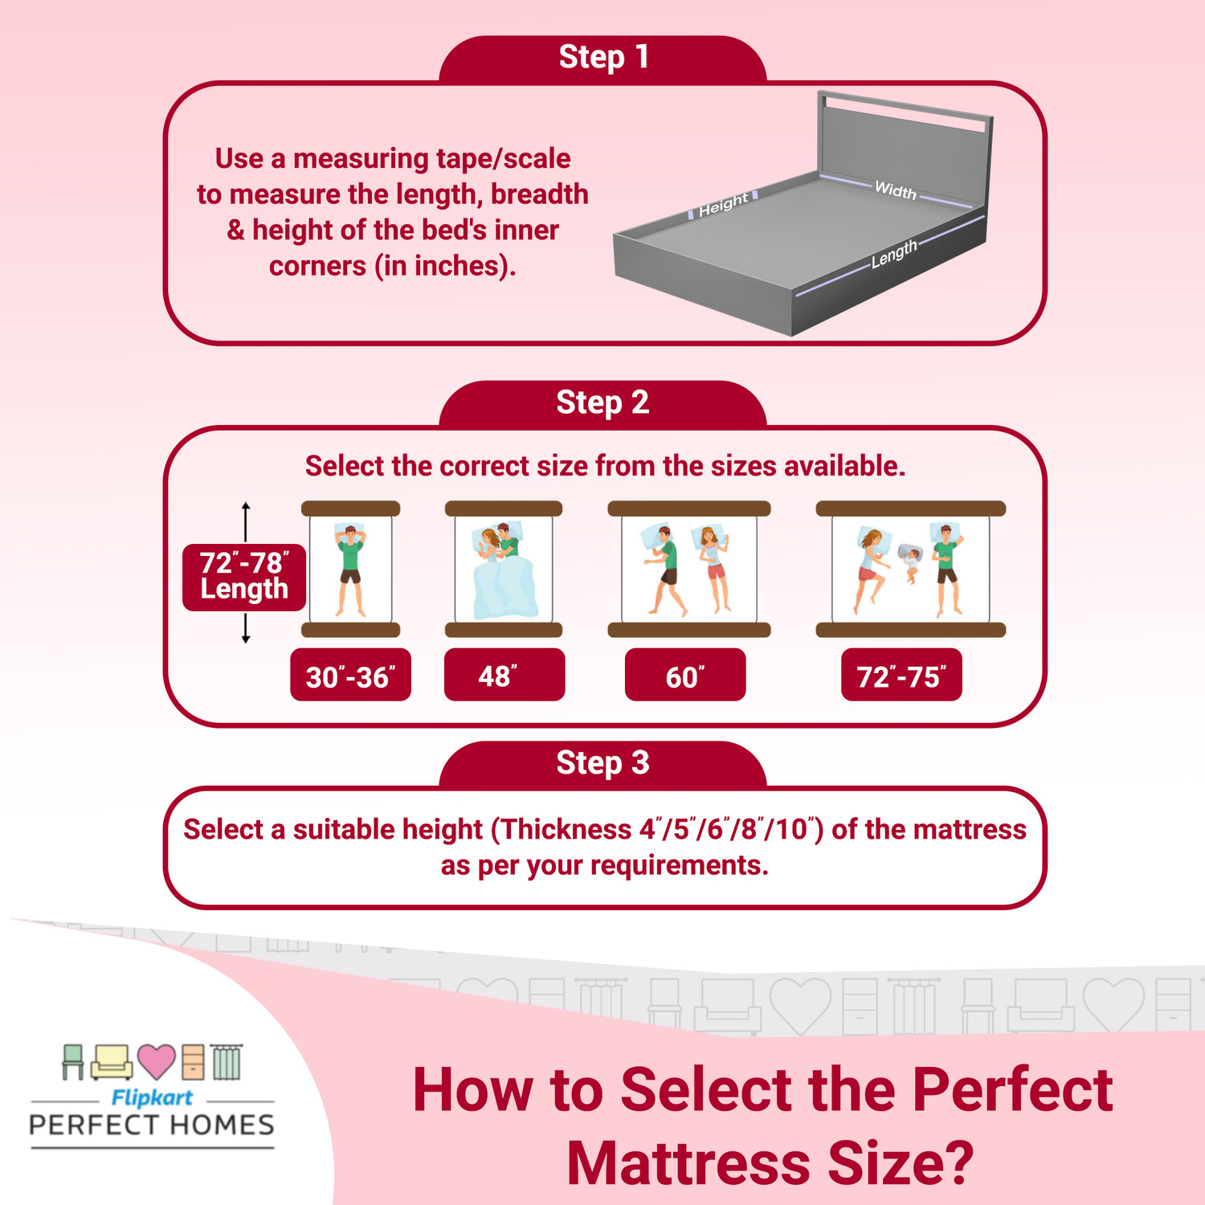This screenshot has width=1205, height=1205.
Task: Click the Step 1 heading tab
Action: (602, 59)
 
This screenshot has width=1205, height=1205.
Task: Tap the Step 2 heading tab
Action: (602, 403)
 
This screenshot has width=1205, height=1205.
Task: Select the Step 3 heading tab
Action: (602, 763)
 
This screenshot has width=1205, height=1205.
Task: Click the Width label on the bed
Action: (895, 190)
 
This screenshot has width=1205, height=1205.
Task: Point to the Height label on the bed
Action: (723, 205)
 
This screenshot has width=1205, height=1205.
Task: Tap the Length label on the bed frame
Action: (894, 254)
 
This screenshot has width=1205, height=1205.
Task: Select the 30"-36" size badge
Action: (350, 676)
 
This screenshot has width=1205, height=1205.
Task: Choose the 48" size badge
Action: (504, 676)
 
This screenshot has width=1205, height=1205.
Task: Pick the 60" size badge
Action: (684, 676)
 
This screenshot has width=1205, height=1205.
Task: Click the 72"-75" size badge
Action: (901, 676)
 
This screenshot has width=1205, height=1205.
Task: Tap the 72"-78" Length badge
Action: (243, 576)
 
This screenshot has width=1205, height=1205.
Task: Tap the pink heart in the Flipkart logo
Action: (156, 1061)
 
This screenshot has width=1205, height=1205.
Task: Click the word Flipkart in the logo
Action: (152, 1097)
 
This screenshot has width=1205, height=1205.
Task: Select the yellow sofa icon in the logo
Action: (112, 1062)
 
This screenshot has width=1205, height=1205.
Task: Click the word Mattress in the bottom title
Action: (688, 1163)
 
